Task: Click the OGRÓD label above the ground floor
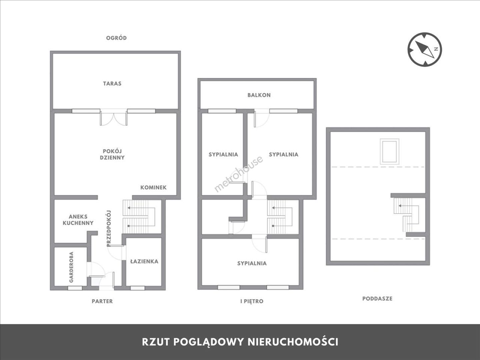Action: point(116,38)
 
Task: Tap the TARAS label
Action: point(112,83)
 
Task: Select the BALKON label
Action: point(259,95)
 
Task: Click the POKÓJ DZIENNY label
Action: point(112,154)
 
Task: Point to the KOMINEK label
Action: point(153,188)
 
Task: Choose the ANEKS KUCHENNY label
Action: point(78,220)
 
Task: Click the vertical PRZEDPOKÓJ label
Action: point(109,228)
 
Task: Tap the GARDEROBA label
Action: point(71,267)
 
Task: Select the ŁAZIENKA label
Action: point(144,261)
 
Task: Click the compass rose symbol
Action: point(425,50)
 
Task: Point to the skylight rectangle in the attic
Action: point(389,151)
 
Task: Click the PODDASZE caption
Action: point(377,299)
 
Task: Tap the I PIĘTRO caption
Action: point(252,301)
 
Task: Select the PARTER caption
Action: point(102,301)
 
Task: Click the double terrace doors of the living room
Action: point(113,117)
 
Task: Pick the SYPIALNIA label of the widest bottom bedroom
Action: point(252,263)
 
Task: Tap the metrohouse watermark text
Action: point(238,174)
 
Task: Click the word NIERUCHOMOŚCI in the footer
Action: point(293,342)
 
